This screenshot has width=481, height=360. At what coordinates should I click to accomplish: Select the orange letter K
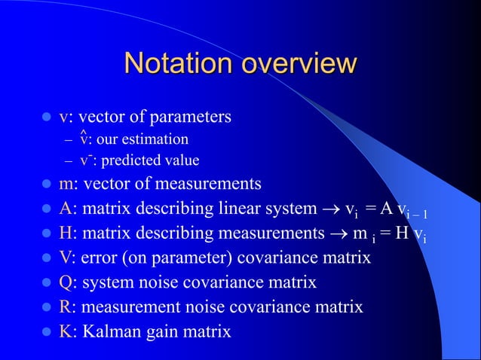pos(66,331)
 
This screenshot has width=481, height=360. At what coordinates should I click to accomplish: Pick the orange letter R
pos(66,307)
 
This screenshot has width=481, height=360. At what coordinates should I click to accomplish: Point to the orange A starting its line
pos(66,209)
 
